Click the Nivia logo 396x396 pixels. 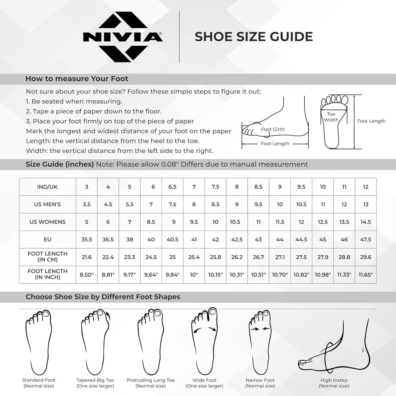click(123, 37)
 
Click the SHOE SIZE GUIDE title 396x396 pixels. click(253, 37)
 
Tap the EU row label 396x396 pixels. click(47, 240)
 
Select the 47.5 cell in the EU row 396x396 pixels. click(366, 240)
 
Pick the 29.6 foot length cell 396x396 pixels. click(366, 257)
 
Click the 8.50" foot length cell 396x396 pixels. click(87, 275)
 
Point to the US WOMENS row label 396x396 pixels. click(47, 222)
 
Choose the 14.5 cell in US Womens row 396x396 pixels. click(366, 222)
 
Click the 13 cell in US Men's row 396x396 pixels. click(366, 204)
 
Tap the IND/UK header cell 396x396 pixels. click(47, 187)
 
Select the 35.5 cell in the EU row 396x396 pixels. click(87, 240)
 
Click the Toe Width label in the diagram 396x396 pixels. click(331, 117)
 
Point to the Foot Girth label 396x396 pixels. click(273, 129)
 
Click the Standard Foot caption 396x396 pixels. click(39, 383)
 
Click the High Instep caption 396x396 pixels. click(334, 383)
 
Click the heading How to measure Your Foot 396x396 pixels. click(77, 79)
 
